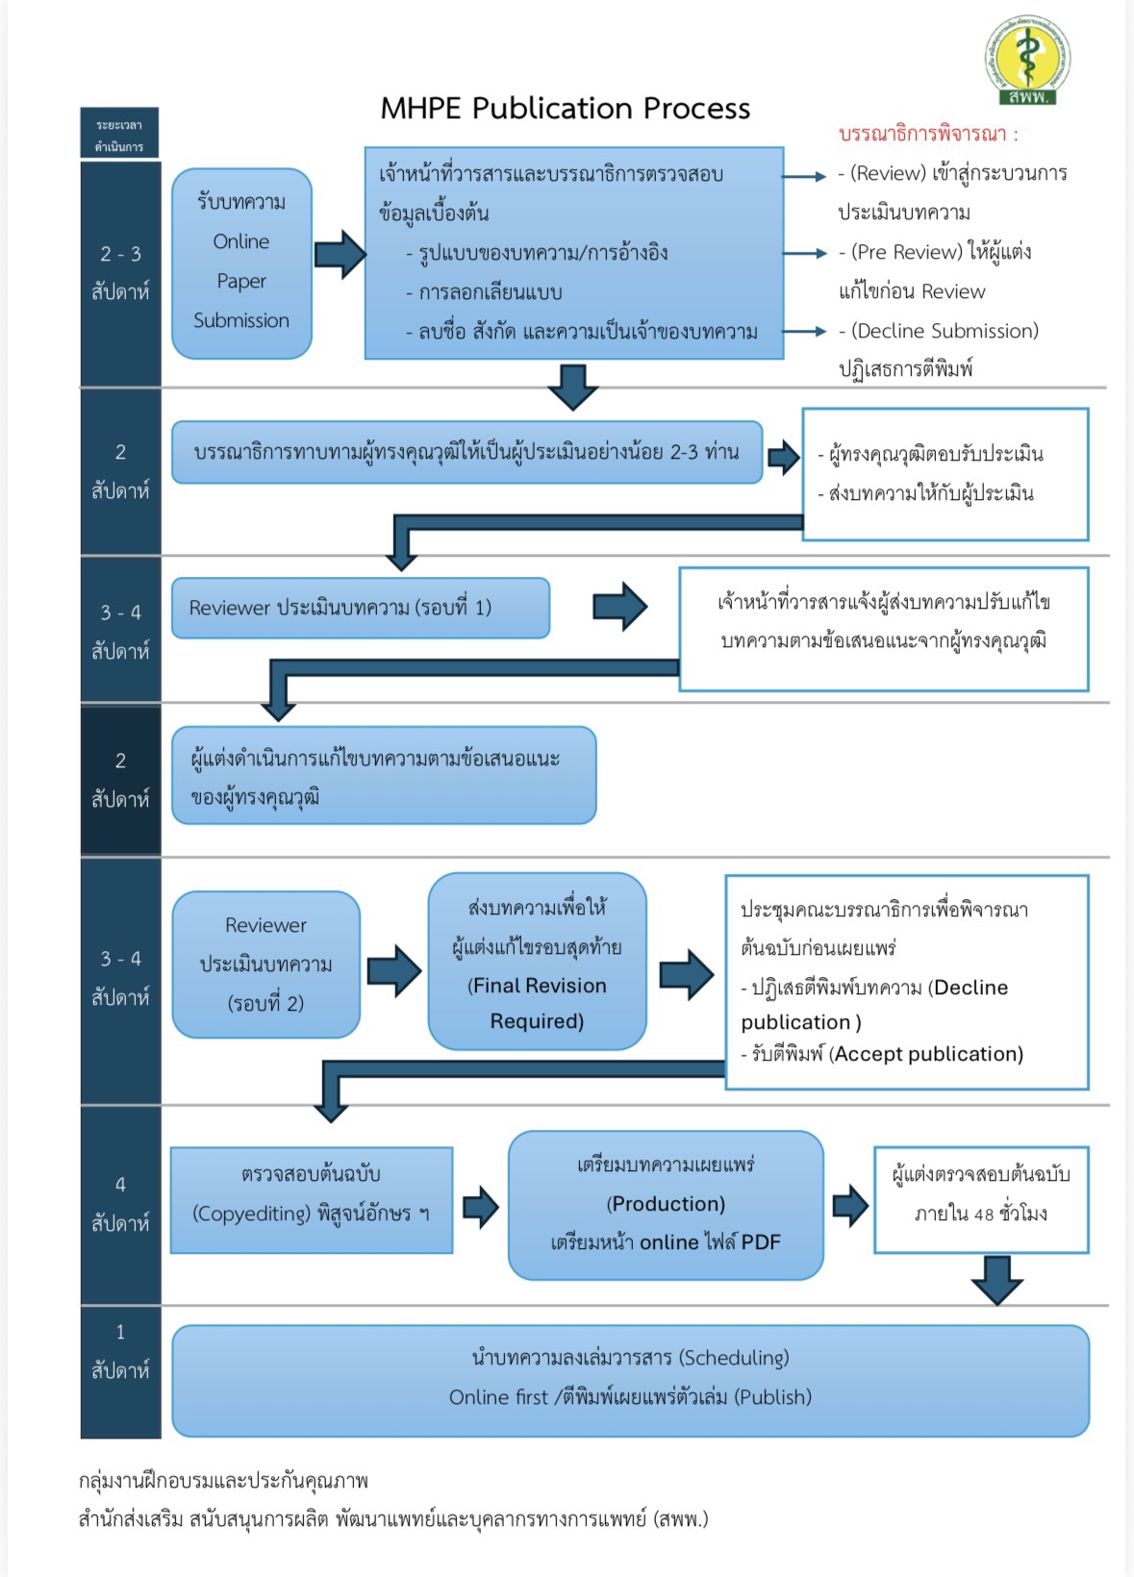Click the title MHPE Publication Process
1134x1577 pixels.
pyautogui.click(x=565, y=109)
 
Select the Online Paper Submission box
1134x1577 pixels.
pyautogui.click(x=241, y=263)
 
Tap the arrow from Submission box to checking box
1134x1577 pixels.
pyautogui.click(x=340, y=254)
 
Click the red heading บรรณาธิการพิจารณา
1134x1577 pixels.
pyautogui.click(x=927, y=134)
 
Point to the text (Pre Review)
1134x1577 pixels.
pyautogui.click(x=906, y=252)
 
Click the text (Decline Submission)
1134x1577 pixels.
pyautogui.click(x=945, y=331)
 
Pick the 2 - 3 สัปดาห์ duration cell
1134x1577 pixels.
pyautogui.click(x=120, y=272)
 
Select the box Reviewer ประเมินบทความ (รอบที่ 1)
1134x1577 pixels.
pyautogui.click(x=361, y=608)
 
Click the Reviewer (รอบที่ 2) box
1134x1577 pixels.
pyautogui.click(x=266, y=964)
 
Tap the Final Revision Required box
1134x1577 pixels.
pyautogui.click(x=537, y=962)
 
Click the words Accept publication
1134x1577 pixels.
pyautogui.click(x=928, y=1054)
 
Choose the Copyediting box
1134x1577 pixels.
pyautogui.click(x=311, y=1199)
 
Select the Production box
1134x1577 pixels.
pyautogui.click(x=666, y=1204)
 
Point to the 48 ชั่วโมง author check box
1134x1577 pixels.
pyautogui.click(x=980, y=1198)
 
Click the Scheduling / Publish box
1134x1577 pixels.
pyautogui.click(x=630, y=1379)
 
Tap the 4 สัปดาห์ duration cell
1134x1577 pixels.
pyautogui.click(x=120, y=1204)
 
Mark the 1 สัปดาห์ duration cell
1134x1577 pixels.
pyautogui.click(x=120, y=1351)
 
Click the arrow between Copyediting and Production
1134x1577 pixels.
pyautogui.click(x=480, y=1206)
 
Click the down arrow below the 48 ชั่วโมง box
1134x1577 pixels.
pyautogui.click(x=996, y=1279)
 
